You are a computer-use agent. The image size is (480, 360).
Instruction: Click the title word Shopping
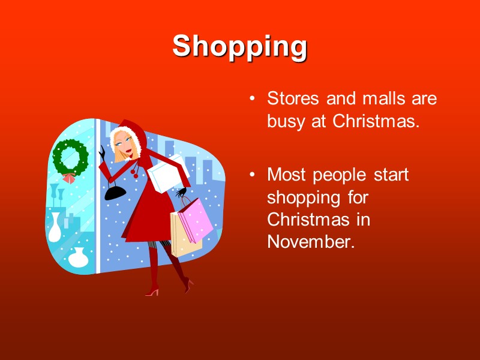point(239,46)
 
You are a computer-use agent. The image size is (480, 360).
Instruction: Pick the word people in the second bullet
point(344,176)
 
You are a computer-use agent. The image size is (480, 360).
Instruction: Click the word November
point(308,241)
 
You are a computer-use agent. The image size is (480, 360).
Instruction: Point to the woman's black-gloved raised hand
point(102,153)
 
